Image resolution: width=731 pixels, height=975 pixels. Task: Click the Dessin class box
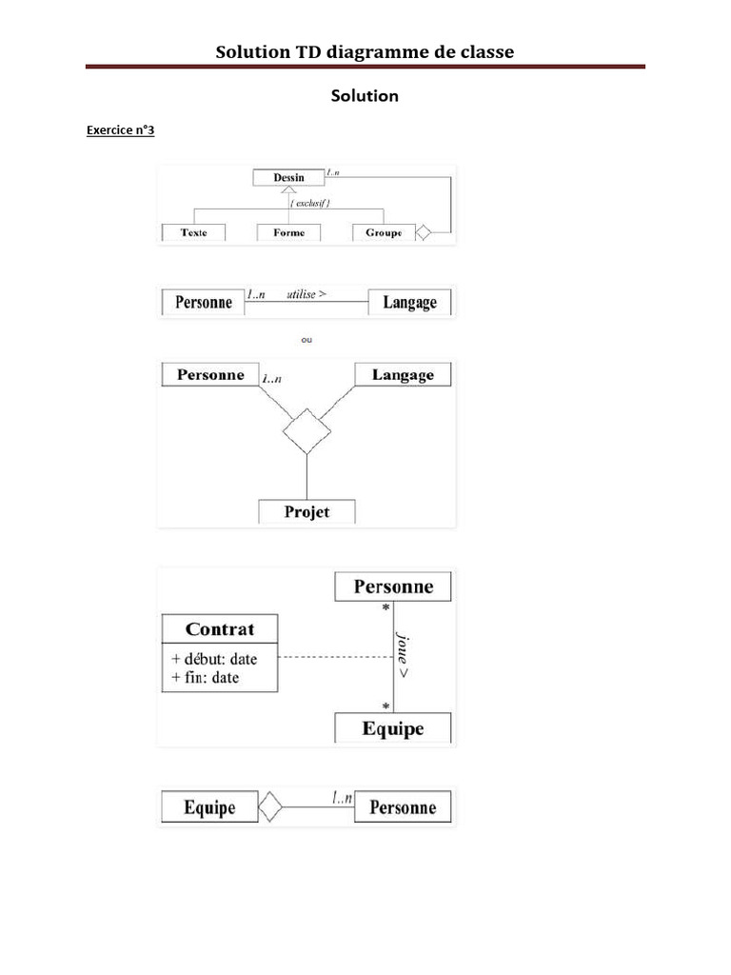(288, 177)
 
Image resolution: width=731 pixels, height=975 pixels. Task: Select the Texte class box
(194, 232)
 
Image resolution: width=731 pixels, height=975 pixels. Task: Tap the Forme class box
(288, 232)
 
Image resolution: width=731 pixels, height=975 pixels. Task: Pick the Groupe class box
(384, 232)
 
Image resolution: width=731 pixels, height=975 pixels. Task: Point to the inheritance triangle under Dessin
(289, 191)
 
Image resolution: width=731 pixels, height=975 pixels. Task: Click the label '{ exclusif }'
(310, 204)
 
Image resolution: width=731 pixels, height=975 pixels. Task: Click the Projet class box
(306, 511)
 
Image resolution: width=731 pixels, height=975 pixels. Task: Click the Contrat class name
(220, 629)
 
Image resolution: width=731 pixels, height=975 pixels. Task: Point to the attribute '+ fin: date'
(206, 678)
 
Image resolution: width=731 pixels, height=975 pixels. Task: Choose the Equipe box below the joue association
(393, 729)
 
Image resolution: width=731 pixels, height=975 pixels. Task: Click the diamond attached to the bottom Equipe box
(272, 807)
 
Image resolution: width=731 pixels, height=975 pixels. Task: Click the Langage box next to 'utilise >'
(409, 303)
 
